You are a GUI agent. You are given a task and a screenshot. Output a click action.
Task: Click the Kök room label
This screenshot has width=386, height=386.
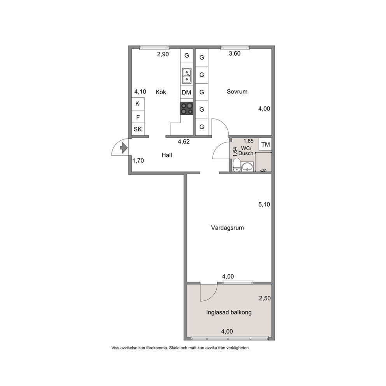(161, 92)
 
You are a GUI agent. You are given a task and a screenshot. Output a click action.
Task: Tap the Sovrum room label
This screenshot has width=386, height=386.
(237, 91)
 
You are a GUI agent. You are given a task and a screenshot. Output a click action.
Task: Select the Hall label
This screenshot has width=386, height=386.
(167, 155)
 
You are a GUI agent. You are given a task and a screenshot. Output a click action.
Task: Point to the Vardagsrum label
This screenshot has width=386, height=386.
(227, 228)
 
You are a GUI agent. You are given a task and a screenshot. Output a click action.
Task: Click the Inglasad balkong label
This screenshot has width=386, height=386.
(229, 312)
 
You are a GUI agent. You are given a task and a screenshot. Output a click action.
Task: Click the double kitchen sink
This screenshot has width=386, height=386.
(187, 75)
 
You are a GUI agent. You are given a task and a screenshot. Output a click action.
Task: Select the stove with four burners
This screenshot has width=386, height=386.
(187, 109)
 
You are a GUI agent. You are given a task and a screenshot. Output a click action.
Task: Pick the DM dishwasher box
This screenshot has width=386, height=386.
(187, 92)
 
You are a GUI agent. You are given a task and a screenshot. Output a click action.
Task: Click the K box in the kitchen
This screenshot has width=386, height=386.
(138, 104)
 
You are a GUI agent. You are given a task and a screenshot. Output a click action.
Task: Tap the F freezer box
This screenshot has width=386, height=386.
(138, 117)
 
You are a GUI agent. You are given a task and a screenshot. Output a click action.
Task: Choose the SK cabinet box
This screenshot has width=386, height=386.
(138, 129)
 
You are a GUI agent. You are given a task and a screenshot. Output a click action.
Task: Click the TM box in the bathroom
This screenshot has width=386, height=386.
(265, 144)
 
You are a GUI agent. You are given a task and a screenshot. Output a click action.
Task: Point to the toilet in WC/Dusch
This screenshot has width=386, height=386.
(237, 165)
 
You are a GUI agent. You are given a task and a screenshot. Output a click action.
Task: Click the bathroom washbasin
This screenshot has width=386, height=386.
(247, 167)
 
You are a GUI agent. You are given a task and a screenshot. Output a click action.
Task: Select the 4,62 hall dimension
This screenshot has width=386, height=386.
(184, 142)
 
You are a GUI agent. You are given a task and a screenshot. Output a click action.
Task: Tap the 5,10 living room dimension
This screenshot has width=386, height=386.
(264, 204)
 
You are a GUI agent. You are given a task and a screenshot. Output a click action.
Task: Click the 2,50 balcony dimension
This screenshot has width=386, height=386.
(265, 298)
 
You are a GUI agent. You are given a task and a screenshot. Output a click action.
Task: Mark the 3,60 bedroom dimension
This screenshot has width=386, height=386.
(235, 54)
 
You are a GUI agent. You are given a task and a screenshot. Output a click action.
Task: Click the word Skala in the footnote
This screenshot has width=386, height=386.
(174, 348)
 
